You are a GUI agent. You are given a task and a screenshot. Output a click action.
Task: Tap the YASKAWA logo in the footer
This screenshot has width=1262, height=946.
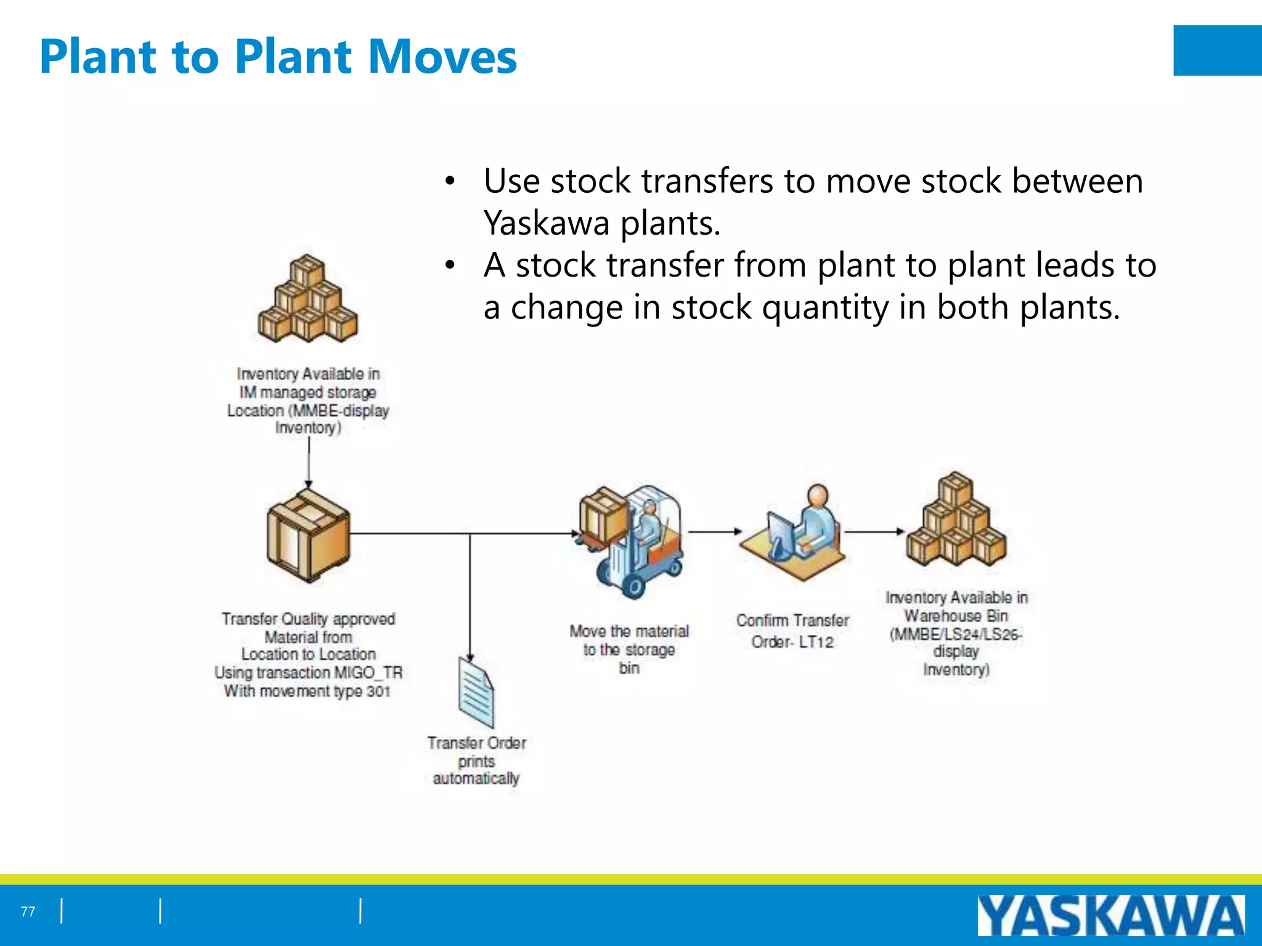[x=1110, y=916]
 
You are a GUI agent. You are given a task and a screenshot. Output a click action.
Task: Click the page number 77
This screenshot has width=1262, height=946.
[x=28, y=912]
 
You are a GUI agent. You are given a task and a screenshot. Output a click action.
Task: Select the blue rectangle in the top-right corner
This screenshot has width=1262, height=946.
[x=1217, y=51]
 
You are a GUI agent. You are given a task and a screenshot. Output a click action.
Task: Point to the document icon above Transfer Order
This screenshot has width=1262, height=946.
[x=476, y=692]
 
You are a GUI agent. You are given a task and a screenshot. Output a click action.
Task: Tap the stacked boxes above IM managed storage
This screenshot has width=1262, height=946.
[x=307, y=300]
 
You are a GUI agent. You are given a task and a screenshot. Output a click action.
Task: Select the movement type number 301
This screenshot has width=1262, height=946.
[x=378, y=692]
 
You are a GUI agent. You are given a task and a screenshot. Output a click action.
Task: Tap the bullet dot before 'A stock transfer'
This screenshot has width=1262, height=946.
[x=450, y=265]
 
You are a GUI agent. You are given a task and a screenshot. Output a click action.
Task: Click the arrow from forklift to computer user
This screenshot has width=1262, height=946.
[x=715, y=531]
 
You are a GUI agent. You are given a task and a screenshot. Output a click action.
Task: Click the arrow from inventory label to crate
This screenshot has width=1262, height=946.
[x=309, y=462]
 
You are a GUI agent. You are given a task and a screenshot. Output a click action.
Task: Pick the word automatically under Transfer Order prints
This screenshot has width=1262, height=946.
[x=476, y=778]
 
